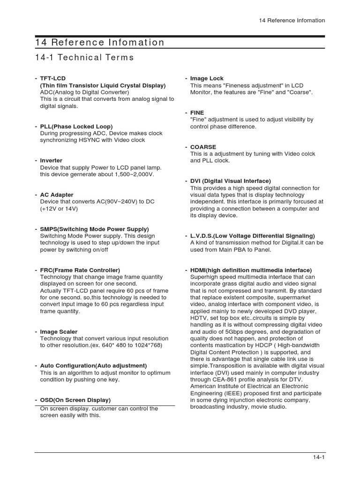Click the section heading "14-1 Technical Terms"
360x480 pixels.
point(84,58)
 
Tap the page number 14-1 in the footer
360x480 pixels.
point(319,458)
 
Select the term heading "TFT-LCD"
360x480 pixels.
point(52,79)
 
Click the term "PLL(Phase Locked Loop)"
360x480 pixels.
point(76,127)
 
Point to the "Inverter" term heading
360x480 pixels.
point(51,161)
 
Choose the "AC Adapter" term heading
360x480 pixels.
point(57,195)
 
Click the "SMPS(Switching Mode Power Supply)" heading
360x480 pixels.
point(94,229)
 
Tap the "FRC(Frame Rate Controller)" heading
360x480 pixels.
point(80,270)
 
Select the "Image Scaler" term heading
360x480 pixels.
point(59,332)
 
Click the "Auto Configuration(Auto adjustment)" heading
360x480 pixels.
point(93,366)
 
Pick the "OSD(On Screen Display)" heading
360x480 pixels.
point(75,400)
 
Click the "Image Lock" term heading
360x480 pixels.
point(207,79)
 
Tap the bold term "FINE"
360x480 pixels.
point(197,113)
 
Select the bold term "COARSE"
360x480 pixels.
point(203,147)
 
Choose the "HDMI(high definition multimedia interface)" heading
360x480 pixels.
point(251,270)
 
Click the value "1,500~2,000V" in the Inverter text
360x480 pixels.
point(133,174)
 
